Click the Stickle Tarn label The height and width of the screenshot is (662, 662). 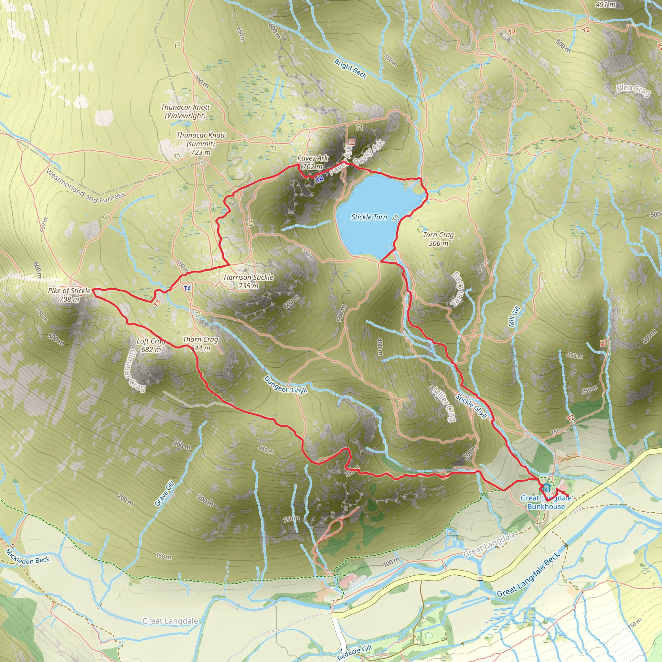coord(369,217)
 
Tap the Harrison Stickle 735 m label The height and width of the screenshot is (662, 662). coord(249,281)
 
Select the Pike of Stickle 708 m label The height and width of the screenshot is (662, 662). coord(69,295)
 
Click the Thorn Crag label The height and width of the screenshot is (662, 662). coord(200,340)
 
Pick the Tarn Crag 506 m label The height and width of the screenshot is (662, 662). coord(438,239)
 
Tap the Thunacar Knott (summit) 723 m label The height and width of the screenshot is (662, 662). coord(201,144)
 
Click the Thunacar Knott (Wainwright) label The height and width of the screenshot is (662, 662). coord(185,112)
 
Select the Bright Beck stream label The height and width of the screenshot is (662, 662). coord(350,69)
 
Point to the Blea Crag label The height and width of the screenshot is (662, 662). coord(633,91)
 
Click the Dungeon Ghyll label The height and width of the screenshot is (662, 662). coord(285,384)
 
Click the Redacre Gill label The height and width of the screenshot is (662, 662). coord(354,652)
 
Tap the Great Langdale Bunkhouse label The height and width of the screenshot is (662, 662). coord(546,502)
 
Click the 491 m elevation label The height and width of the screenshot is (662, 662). coord(605,5)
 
